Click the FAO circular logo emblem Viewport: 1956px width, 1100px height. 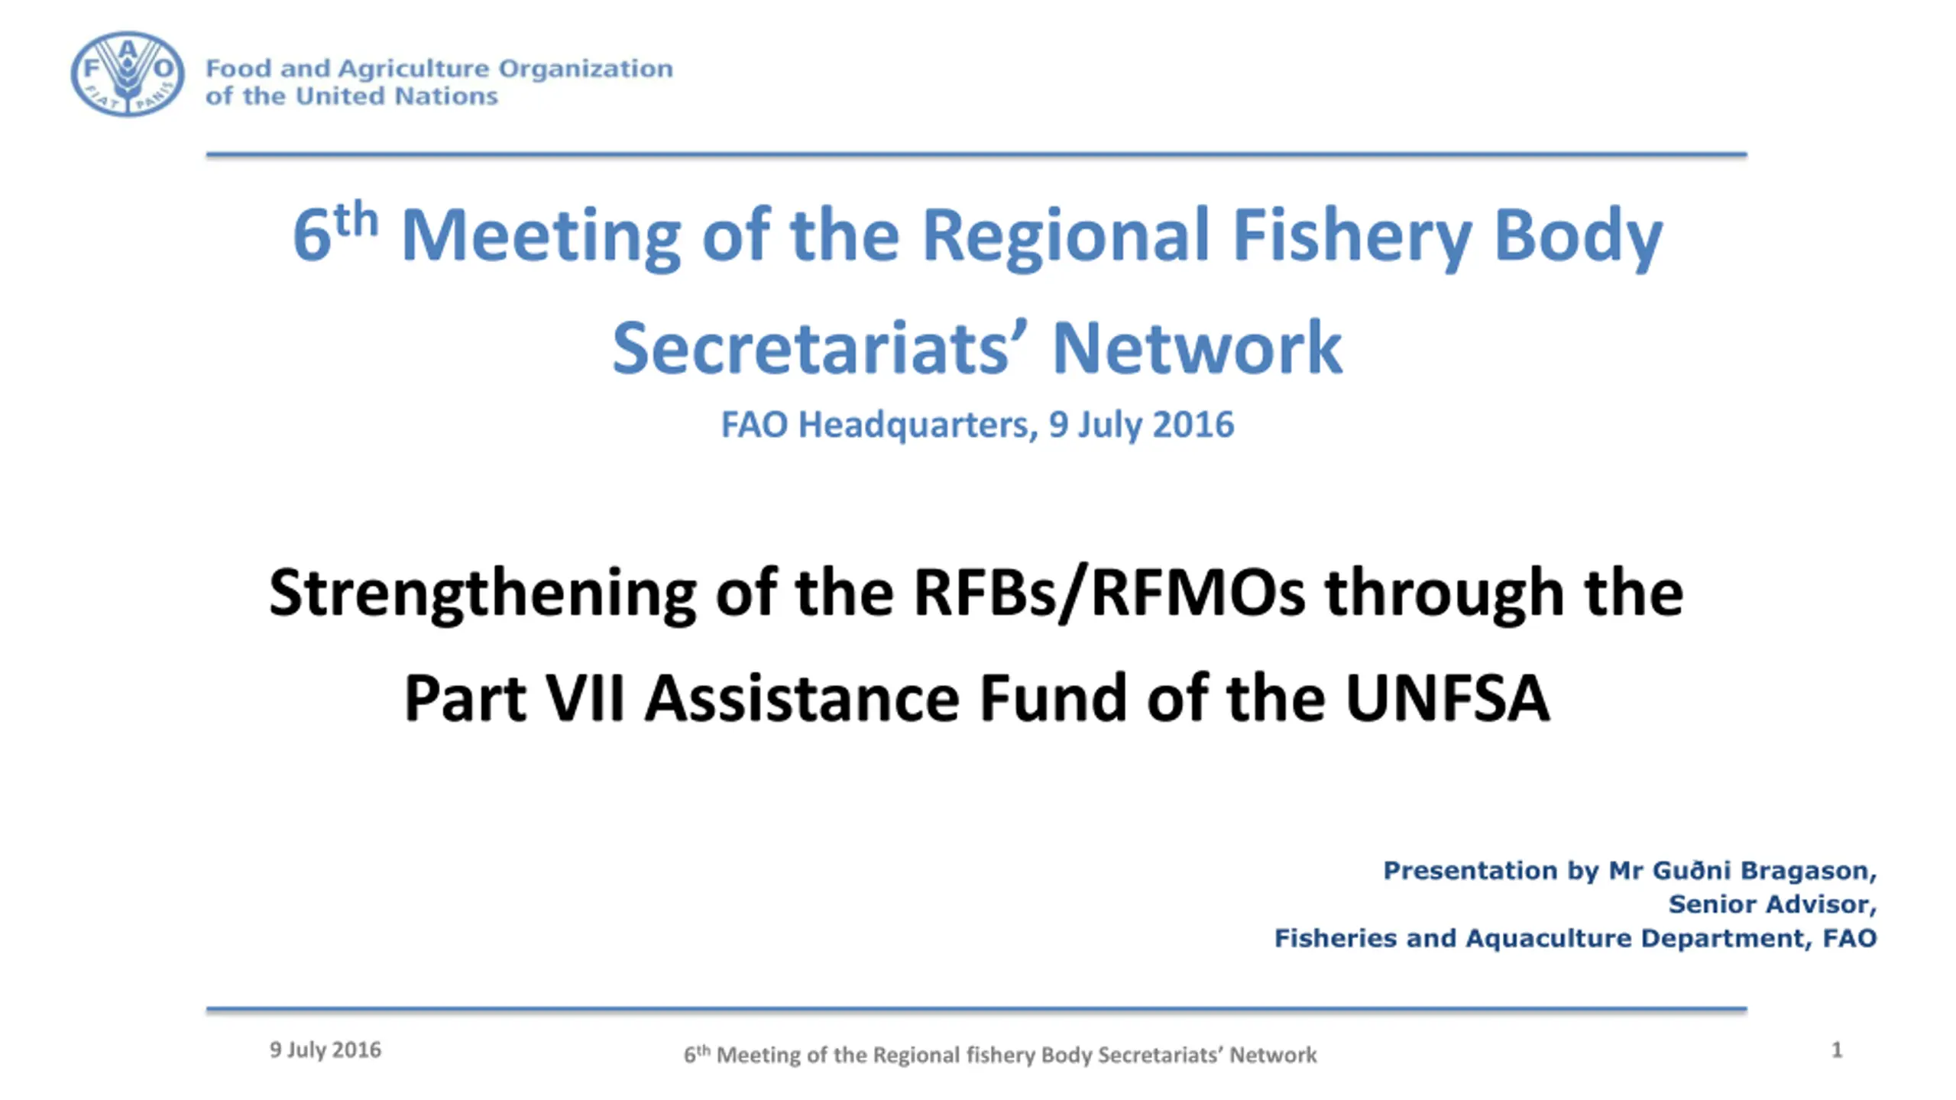[128, 74]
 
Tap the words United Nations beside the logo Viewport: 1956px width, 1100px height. [397, 96]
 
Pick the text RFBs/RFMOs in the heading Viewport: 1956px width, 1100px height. [1109, 594]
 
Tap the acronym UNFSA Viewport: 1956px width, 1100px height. [1447, 697]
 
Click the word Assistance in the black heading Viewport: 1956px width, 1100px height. [802, 698]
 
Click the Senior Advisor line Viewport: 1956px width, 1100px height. [1773, 904]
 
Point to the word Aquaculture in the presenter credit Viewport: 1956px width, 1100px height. [1549, 938]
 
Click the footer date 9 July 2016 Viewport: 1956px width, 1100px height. [325, 1050]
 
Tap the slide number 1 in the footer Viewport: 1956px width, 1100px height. [1837, 1050]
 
